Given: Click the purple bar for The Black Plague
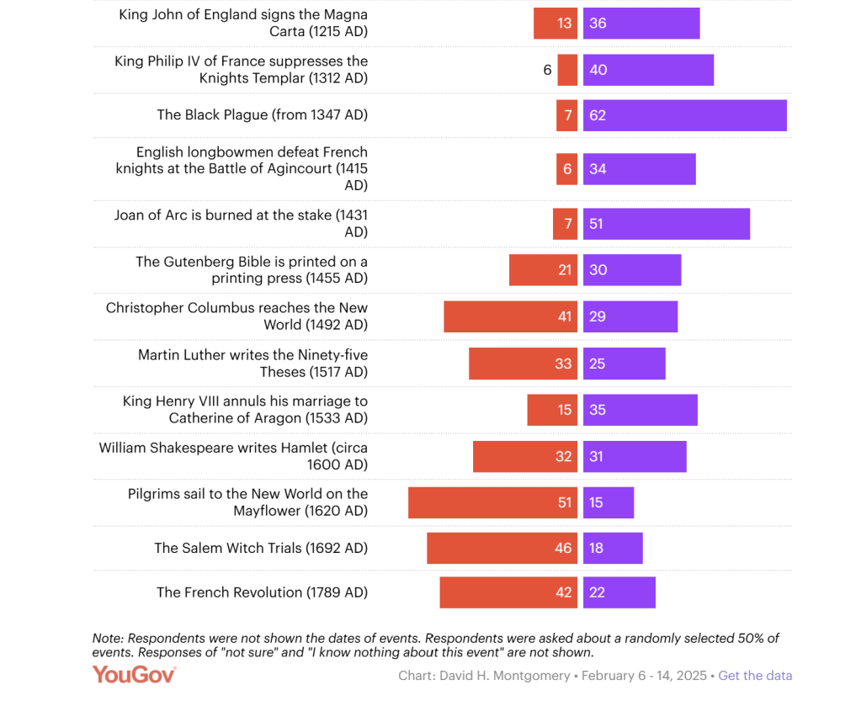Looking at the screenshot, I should [684, 115].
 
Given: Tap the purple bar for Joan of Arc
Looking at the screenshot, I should [666, 224].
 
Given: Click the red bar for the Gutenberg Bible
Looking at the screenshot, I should [543, 270].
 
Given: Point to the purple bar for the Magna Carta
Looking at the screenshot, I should [640, 24].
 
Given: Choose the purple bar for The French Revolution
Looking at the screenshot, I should [619, 592].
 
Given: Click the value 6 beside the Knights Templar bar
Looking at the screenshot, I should [547, 70].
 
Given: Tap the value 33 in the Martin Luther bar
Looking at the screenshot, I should [563, 364].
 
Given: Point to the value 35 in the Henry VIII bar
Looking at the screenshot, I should [598, 410].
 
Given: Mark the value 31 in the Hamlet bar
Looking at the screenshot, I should [598, 456].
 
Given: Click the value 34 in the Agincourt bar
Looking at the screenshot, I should [598, 169].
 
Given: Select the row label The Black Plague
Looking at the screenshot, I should [262, 115].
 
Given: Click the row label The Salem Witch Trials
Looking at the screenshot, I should [261, 549].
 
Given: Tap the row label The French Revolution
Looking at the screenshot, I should [262, 592].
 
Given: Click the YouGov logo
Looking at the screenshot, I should [135, 675].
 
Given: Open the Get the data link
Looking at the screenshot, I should [755, 676].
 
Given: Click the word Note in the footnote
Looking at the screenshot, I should [108, 639].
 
